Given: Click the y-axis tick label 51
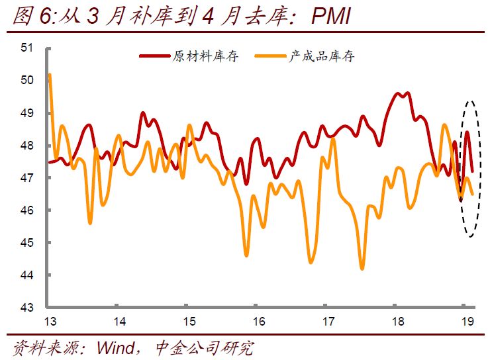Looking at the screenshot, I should (27, 48).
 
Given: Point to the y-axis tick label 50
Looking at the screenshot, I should (27, 80).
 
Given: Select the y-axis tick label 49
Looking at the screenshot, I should (27, 113).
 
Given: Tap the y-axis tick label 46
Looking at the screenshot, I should (27, 210).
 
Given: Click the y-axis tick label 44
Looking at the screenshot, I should (27, 275).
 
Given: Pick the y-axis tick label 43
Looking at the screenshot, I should (27, 308).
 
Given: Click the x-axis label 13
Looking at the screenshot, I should (50, 322).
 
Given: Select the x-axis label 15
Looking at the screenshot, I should (189, 322).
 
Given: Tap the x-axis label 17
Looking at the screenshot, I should (328, 322).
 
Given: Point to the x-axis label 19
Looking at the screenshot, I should (467, 322).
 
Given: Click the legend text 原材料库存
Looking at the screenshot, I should (205, 56).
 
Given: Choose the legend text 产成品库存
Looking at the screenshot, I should (321, 56).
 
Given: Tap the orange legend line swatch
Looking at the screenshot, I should (271, 56).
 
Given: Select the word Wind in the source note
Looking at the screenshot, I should (117, 347).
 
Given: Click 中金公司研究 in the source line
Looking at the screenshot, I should (205, 347).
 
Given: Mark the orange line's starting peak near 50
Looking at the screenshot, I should (50, 75).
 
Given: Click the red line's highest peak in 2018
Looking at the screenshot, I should (407, 93).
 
